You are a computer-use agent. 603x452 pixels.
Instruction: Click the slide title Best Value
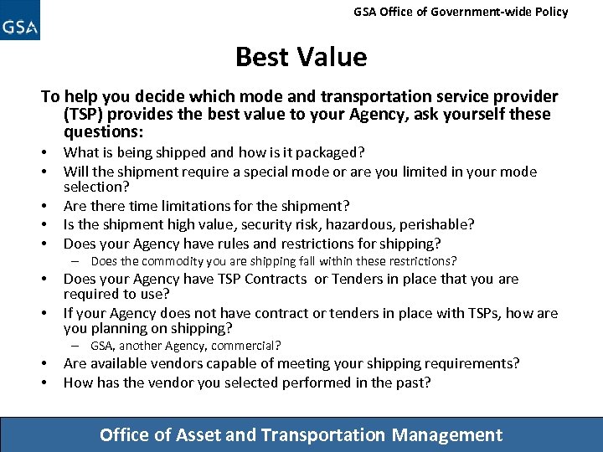click(301, 57)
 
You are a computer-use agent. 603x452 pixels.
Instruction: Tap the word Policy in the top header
click(549, 12)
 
